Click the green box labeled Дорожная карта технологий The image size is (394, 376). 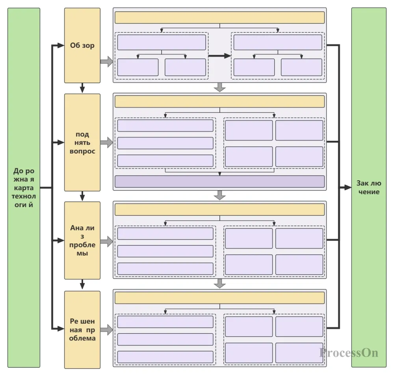coord(24,188)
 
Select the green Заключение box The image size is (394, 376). coord(369,188)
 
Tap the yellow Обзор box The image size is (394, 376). coord(82,45)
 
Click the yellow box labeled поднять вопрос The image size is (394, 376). coord(82,142)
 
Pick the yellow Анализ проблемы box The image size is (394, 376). coord(82,240)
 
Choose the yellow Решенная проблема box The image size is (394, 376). coord(82,329)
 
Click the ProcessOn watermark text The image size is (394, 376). coord(348,352)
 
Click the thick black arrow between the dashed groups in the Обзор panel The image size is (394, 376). coord(219,56)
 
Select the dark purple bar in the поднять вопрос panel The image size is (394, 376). coord(219,181)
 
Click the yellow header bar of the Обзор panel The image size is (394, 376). coord(219,18)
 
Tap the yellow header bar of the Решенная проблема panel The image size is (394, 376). coord(219,297)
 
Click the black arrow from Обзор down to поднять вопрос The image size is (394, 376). coord(82,88)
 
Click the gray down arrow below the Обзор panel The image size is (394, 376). coord(220,87)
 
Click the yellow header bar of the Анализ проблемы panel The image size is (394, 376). coord(219,209)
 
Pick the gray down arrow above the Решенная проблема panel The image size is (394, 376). coord(220,283)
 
